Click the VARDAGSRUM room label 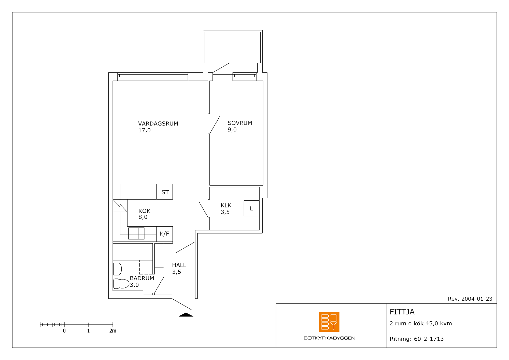pyautogui.click(x=158, y=124)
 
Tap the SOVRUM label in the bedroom pyautogui.click(x=240, y=123)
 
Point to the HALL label pyautogui.click(x=179, y=265)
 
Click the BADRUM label pyautogui.click(x=142, y=278)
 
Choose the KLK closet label pyautogui.click(x=226, y=205)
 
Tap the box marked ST pyautogui.click(x=165, y=192)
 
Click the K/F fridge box pyautogui.click(x=165, y=234)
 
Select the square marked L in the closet pyautogui.click(x=252, y=208)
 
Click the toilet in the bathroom pyautogui.click(x=121, y=284)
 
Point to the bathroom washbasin pyautogui.click(x=117, y=269)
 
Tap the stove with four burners pyautogui.click(x=136, y=233)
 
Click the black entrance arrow pyautogui.click(x=186, y=315)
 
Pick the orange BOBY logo pyautogui.click(x=329, y=322)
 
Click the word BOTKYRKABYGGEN pyautogui.click(x=330, y=338)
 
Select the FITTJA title pyautogui.click(x=402, y=312)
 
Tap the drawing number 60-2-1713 pyautogui.click(x=429, y=339)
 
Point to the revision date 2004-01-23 pyautogui.click(x=477, y=299)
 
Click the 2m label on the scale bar pyautogui.click(x=113, y=331)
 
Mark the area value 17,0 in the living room pyautogui.click(x=144, y=130)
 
